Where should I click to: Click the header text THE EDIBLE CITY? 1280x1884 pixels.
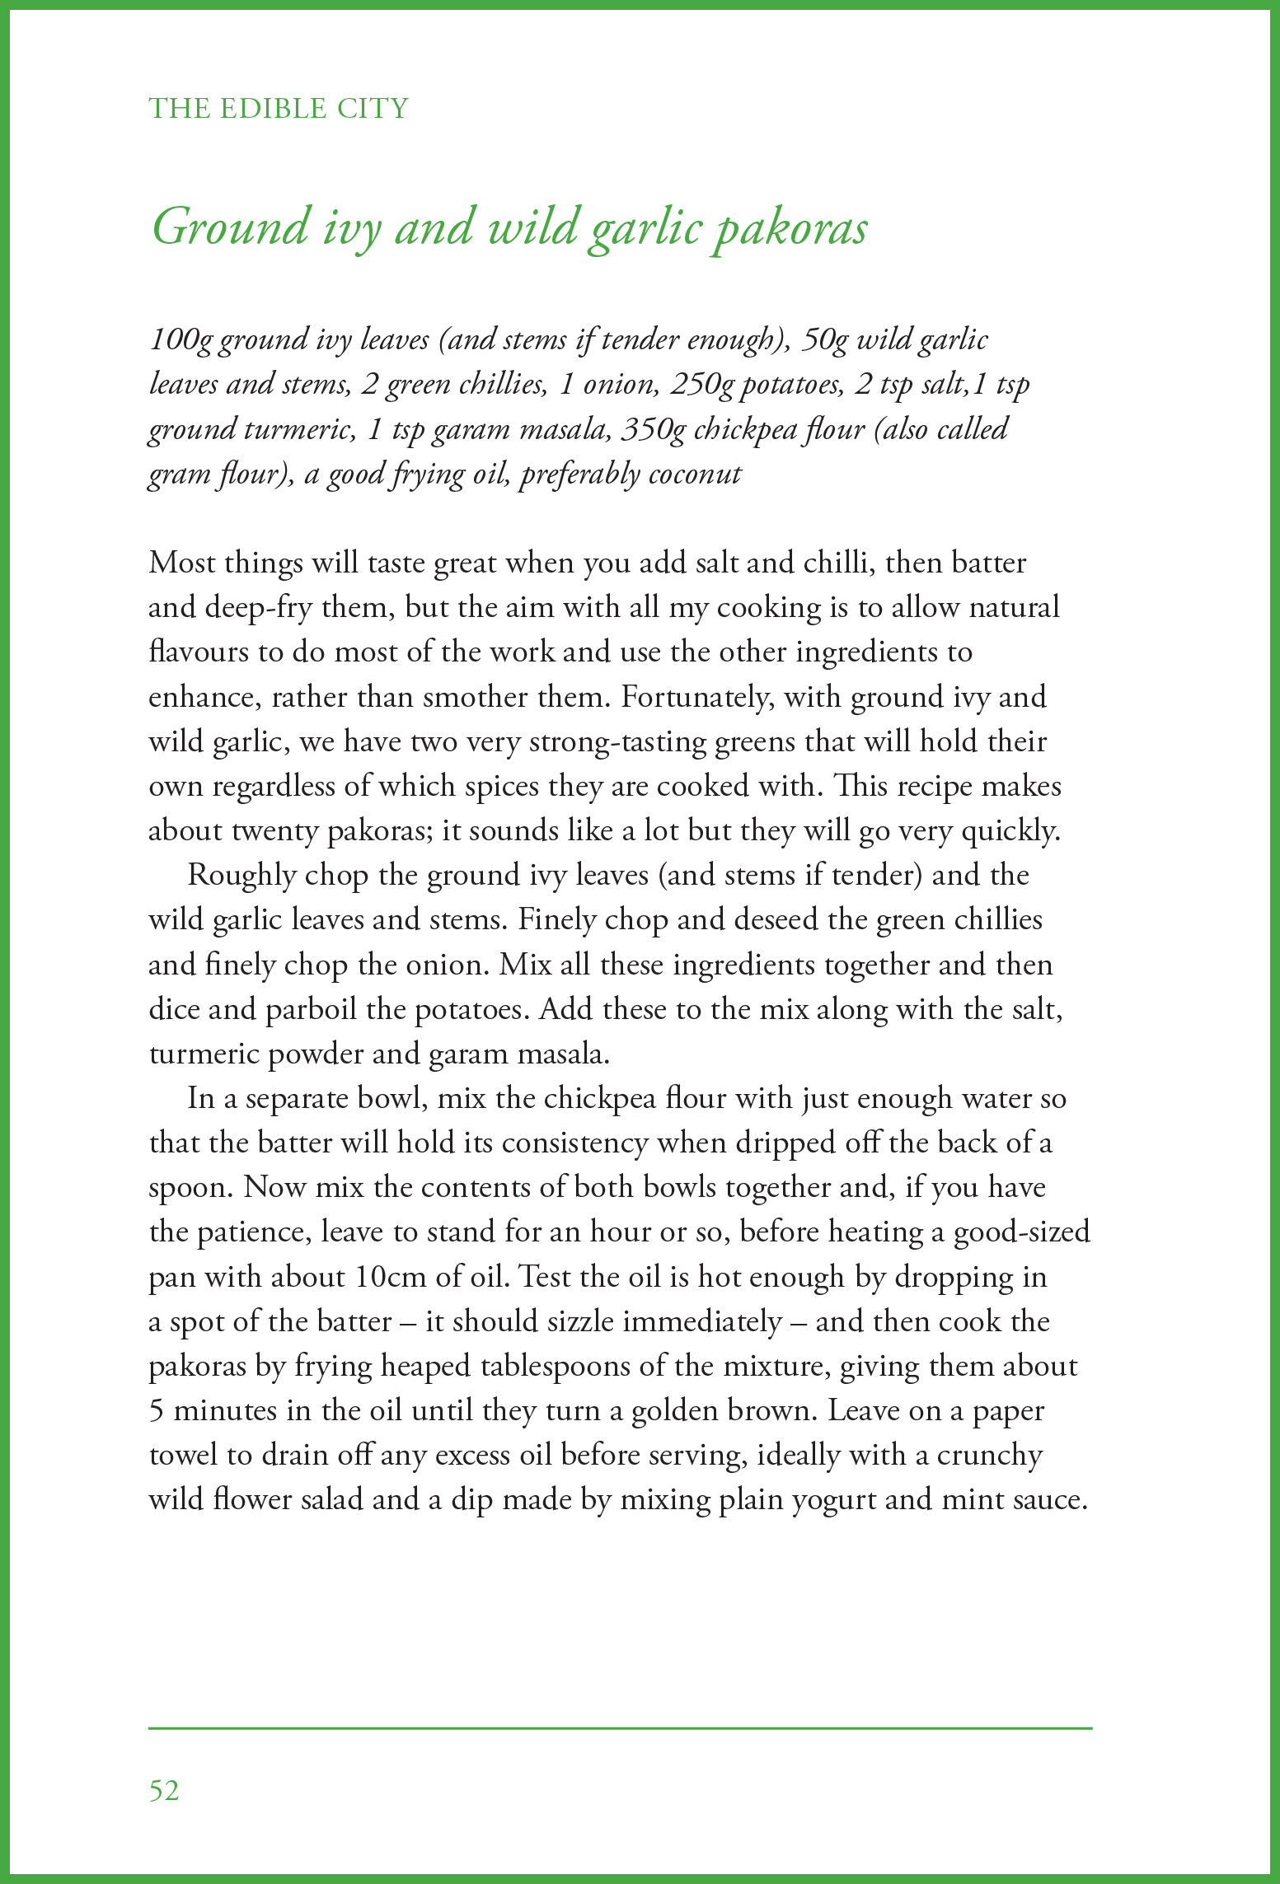pos(279,108)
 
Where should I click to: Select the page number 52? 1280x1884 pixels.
pos(164,1790)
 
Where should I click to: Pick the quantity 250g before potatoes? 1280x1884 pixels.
pos(701,385)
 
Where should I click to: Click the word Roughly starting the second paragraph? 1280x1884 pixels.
pos(241,875)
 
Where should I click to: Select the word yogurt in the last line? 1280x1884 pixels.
pos(834,1499)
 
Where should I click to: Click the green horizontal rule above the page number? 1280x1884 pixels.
pos(620,1727)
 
